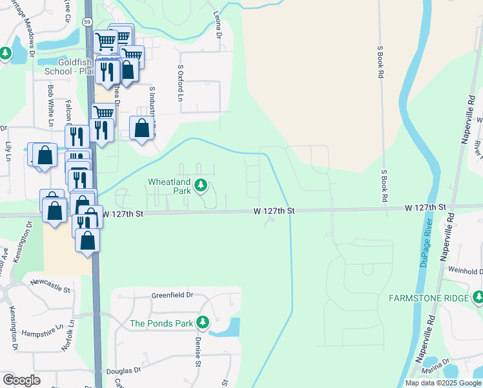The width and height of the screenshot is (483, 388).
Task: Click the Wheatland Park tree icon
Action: (x=201, y=187)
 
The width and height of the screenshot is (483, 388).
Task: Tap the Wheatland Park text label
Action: (x=170, y=187)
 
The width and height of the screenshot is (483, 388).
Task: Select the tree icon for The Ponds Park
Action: (x=203, y=322)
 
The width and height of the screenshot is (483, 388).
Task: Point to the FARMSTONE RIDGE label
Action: (x=428, y=298)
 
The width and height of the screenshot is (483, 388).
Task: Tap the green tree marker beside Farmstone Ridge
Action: (x=477, y=297)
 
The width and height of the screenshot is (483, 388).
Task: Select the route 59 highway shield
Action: (x=87, y=21)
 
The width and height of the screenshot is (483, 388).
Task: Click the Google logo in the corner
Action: (x=21, y=380)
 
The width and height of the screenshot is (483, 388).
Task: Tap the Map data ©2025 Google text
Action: (x=442, y=383)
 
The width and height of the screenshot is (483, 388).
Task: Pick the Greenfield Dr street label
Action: (x=172, y=295)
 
